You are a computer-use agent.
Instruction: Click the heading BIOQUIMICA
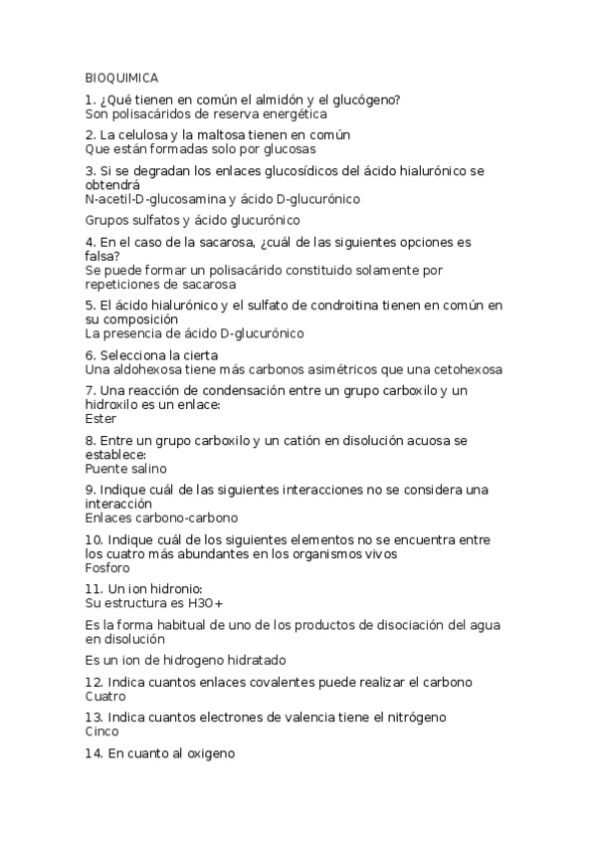[x=121, y=78]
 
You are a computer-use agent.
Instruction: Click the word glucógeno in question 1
[x=368, y=100]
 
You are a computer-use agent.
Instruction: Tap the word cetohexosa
[x=469, y=369]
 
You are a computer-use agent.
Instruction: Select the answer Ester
[x=100, y=419]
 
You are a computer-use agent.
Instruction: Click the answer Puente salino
[x=126, y=468]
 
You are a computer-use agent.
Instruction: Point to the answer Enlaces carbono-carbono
[x=161, y=518]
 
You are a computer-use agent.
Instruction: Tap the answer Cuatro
[x=105, y=696]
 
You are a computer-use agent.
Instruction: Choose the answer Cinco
[x=101, y=732]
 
